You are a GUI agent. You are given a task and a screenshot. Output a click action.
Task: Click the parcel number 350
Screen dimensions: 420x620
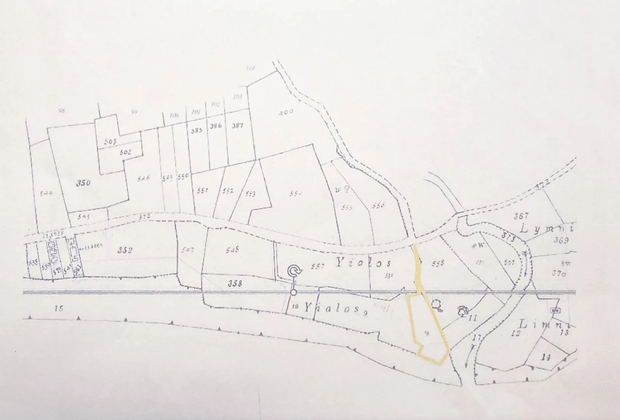[x=83, y=183]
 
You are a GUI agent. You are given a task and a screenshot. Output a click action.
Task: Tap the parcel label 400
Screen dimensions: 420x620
[x=286, y=112]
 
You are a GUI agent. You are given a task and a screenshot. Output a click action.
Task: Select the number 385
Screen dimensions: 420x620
[x=197, y=131]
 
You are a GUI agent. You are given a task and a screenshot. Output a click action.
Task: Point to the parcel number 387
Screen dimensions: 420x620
[x=237, y=126]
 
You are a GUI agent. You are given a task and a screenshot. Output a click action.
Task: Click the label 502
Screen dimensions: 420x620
[x=125, y=152]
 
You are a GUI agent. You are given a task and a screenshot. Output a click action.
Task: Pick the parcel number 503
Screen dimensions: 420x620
[x=110, y=142]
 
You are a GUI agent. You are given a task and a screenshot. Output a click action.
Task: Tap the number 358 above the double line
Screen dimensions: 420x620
[x=235, y=283]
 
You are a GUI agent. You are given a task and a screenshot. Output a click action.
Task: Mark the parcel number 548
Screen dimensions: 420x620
[x=232, y=250]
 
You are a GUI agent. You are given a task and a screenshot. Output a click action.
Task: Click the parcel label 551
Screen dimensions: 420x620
[x=202, y=191]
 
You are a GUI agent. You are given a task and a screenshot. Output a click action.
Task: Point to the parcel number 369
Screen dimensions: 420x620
[x=561, y=240]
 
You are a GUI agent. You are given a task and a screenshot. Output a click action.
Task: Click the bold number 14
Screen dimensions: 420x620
[x=546, y=358]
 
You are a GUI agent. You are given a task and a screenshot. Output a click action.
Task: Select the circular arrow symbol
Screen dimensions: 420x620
[x=295, y=271]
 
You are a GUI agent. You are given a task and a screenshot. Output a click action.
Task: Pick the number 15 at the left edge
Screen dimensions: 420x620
[x=59, y=309]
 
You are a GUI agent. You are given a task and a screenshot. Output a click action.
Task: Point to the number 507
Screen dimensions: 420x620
[x=509, y=262]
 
